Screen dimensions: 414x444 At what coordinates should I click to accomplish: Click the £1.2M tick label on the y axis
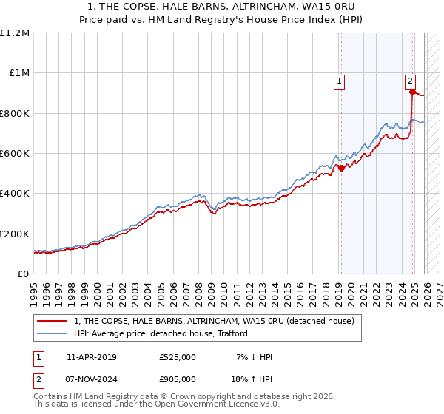pos(15,33)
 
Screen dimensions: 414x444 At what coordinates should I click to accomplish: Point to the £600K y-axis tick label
pos(15,154)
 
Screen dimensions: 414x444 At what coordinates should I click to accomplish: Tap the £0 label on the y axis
pos(22,274)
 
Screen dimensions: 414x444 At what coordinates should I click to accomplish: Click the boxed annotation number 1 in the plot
pos(339,82)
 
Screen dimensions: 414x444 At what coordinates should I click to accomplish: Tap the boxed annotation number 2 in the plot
pos(410,82)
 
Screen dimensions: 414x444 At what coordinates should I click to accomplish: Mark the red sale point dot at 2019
pos(341,168)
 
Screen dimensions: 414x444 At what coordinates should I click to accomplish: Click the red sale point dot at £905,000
pos(412,92)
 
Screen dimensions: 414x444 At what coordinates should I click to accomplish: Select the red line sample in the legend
pos(53,321)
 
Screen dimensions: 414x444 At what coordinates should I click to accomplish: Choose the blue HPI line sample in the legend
pos(53,333)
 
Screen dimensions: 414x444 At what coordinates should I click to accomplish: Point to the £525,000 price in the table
pos(177,357)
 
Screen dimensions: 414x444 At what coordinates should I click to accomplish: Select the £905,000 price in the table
pos(177,379)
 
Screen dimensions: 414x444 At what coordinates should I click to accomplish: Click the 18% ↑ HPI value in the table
pos(250,379)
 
